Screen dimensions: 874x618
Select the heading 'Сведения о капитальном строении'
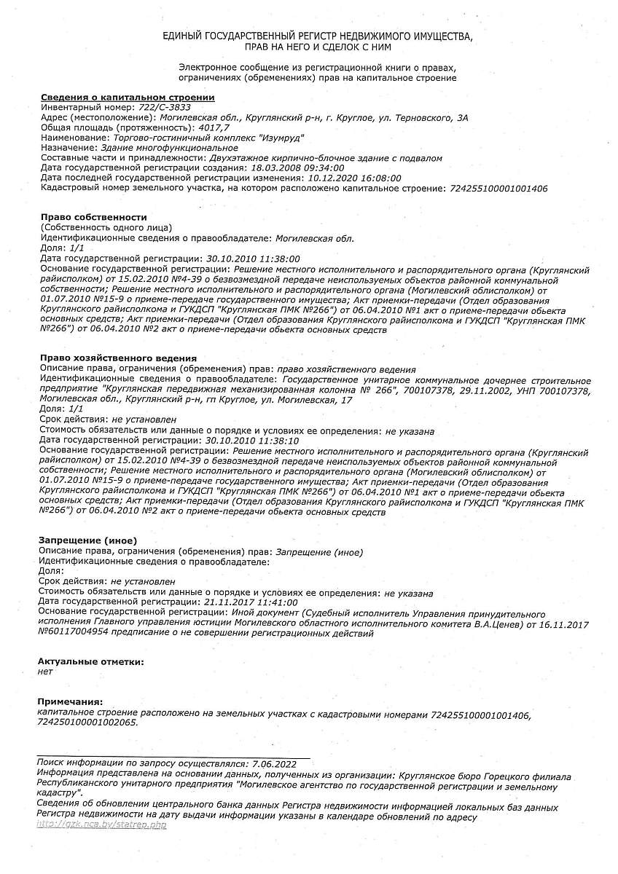[128, 97]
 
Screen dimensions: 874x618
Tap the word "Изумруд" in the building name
[281, 138]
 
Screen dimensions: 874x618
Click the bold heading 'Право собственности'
[94, 217]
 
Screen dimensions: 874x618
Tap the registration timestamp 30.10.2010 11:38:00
[253, 259]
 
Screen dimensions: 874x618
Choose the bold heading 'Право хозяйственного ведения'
[118, 358]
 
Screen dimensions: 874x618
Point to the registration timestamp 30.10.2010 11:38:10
[253, 441]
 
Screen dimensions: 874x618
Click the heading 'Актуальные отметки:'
[90, 661]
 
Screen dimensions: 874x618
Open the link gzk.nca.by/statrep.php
[101, 825]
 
